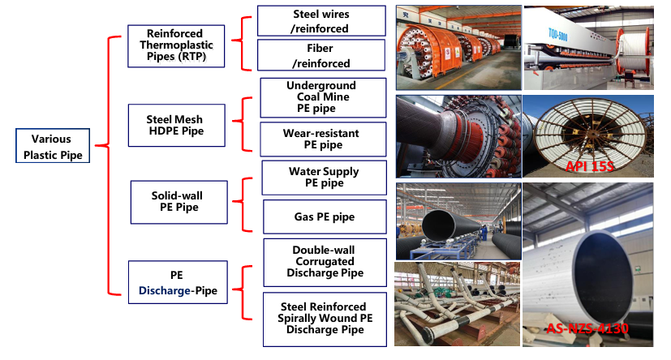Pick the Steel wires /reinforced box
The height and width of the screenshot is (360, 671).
pos(320,21)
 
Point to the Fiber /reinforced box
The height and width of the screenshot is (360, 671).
pos(320,55)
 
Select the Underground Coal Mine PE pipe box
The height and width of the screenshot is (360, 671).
pos(321,97)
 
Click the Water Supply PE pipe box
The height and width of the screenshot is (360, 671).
pos(324,178)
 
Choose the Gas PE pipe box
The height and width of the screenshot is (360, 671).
pos(324,217)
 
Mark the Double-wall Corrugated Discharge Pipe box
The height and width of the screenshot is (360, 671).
pos(324,262)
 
